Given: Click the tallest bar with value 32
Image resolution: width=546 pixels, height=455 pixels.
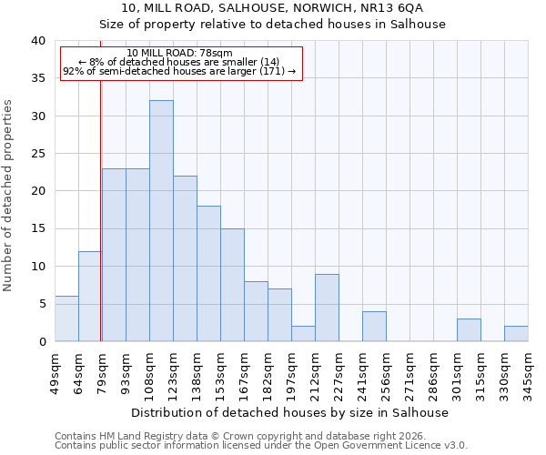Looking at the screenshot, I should pos(161,221).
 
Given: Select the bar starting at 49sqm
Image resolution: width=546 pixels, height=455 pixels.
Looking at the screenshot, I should pos(66,318).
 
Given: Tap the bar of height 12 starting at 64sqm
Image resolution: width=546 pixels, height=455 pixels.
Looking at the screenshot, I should pos(90,297).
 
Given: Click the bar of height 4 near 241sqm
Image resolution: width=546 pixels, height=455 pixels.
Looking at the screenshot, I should pos(374,327).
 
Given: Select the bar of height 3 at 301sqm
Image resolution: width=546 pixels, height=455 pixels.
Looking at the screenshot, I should pos(469,330).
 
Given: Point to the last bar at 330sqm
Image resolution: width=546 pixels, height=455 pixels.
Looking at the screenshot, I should pos(516,334).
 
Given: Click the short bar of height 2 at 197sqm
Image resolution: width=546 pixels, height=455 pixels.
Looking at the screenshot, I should pos(303,334).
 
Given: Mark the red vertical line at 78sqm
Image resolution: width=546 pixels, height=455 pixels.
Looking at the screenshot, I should pos(100,209).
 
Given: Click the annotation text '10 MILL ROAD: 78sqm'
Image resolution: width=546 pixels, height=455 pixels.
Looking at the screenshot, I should pos(179,54).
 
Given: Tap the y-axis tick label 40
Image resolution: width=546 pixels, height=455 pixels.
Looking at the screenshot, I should pos(37,41).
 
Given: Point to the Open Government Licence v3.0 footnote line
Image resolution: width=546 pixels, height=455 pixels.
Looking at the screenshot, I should pos(260,446).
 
